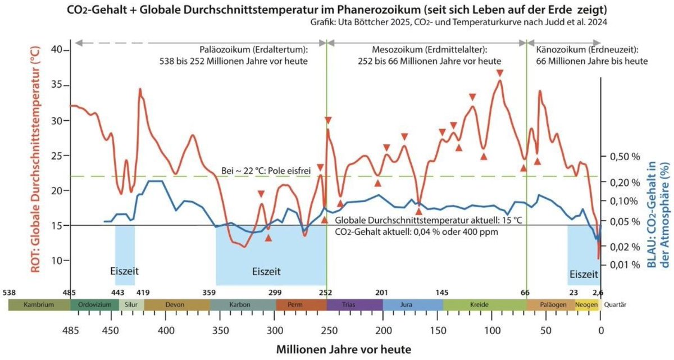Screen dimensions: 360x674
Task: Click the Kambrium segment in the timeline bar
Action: [x=39, y=305]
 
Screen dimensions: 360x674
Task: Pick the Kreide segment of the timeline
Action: [x=484, y=305]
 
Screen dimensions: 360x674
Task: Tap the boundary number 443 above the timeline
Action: [x=118, y=293]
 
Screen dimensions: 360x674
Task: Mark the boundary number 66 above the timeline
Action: [x=525, y=293]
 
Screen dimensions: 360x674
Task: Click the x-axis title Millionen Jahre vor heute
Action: [x=343, y=349]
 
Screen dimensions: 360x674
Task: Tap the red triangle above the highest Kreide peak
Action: [x=500, y=73]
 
